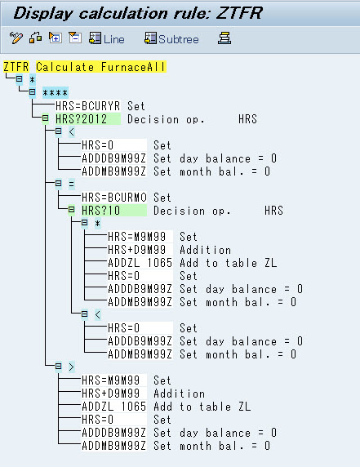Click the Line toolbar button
point(107,38)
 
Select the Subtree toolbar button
point(171,38)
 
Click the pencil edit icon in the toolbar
point(16,38)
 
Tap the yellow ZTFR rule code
point(16,67)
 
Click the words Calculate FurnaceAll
point(100,67)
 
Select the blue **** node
point(55,92)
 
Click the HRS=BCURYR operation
point(88,106)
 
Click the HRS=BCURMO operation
point(114,197)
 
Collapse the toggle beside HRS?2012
point(45,118)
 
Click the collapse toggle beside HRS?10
point(72,210)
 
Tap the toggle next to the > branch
point(58,366)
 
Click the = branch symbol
point(72,184)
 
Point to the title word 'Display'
point(43,13)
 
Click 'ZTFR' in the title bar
point(239,13)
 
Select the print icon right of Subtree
point(224,38)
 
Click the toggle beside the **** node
point(32,92)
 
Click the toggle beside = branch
point(58,183)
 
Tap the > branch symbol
point(72,367)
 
